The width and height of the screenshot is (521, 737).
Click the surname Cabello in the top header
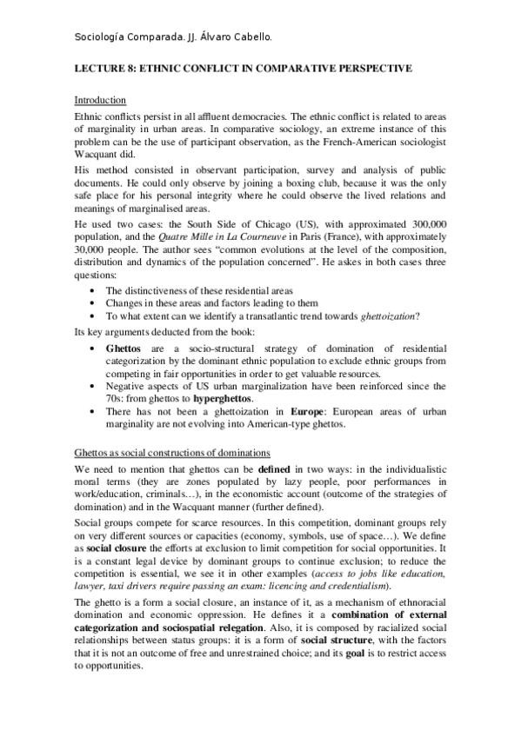(x=250, y=37)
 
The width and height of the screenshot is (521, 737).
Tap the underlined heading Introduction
(x=100, y=100)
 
